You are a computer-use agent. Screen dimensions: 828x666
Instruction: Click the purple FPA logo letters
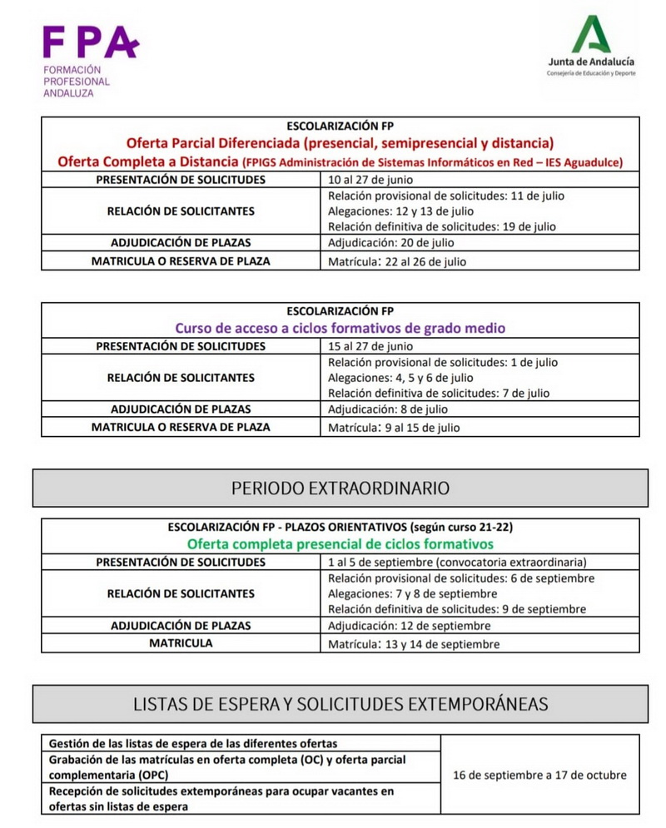coord(90,42)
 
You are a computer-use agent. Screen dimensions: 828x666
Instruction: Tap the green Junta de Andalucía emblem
coord(590,35)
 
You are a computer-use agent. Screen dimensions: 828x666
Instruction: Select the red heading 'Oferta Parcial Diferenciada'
coord(340,143)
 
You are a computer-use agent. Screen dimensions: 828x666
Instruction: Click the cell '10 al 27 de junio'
coord(371,180)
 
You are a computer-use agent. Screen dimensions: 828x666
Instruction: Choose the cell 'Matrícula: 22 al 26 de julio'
coord(397,261)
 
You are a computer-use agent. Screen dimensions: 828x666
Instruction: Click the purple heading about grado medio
coord(340,328)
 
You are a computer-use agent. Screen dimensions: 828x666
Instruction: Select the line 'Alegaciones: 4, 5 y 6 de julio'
coord(400,378)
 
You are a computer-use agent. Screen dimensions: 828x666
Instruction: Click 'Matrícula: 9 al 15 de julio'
coord(394,428)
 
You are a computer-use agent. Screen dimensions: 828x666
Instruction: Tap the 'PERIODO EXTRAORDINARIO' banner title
coord(340,488)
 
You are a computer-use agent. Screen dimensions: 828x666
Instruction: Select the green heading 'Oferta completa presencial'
coord(340,544)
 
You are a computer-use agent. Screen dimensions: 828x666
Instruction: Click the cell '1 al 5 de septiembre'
coord(457,562)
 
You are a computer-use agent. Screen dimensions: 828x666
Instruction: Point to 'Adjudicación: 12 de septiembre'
coord(409,626)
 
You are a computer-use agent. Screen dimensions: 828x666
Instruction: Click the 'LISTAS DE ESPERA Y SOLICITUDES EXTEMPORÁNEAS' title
coord(340,704)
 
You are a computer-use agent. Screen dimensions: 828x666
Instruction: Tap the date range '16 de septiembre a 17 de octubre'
coord(539,775)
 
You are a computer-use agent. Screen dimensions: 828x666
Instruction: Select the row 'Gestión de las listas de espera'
coord(193,743)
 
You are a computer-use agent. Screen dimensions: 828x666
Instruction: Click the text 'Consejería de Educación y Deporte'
coord(590,73)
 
